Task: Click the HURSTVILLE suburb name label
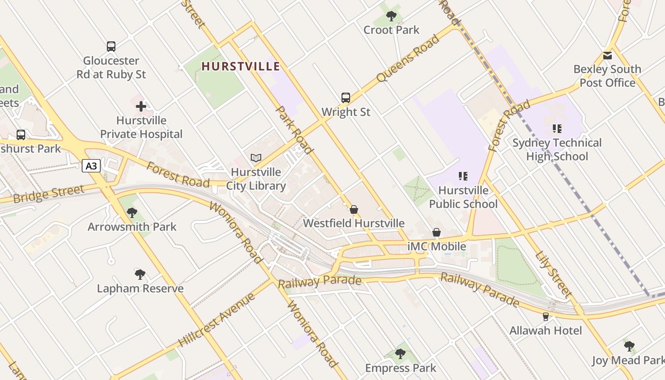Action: [x=241, y=66]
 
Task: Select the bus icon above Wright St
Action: [x=346, y=98]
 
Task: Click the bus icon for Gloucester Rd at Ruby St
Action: [x=111, y=47]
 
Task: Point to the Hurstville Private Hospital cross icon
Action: [x=141, y=106]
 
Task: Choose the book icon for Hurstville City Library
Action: [x=256, y=158]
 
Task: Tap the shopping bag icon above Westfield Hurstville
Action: [x=354, y=209]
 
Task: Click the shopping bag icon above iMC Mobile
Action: [x=437, y=232]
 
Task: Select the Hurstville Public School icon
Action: [x=463, y=176]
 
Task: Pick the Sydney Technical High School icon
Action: [x=557, y=128]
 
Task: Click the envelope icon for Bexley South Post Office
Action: [x=608, y=56]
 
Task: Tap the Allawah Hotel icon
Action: [x=546, y=316]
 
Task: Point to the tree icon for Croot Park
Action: [x=391, y=16]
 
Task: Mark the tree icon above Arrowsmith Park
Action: [x=132, y=212]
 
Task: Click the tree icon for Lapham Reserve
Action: [x=140, y=274]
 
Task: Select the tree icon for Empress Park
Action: [x=400, y=353]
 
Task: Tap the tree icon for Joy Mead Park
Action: [x=629, y=346]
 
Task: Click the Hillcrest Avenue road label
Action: [x=217, y=320]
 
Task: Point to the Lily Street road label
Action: [x=553, y=274]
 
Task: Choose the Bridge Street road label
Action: [x=49, y=194]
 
